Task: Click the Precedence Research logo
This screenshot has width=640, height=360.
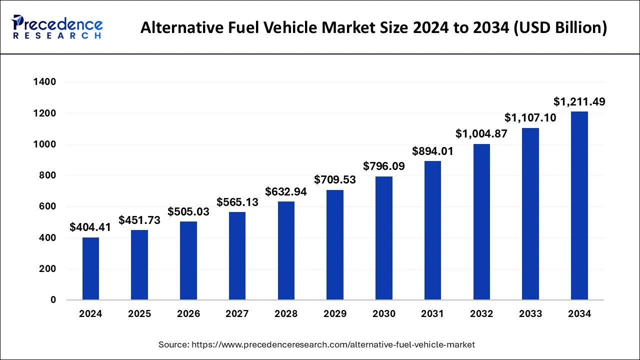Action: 57,27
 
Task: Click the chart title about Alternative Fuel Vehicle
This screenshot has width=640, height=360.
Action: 373,27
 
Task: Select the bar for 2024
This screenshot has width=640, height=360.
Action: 90,268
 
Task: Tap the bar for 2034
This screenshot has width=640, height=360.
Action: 579,205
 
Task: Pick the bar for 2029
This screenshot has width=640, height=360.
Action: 335,245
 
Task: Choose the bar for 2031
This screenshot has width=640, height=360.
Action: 432,230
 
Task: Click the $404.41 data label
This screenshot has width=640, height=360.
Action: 90,227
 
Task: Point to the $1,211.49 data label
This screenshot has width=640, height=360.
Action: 579,102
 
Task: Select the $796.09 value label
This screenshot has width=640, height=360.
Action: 384,166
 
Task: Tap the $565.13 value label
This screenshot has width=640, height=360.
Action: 237,202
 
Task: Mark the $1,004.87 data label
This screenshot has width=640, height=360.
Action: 481,134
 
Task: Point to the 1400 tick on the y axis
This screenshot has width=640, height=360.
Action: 44,82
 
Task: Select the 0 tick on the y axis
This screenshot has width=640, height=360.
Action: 52,300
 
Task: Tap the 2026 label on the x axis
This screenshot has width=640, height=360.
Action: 188,314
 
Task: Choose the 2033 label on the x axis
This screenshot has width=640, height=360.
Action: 530,314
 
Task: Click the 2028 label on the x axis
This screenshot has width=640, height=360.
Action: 286,314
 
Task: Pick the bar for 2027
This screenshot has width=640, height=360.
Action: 237,256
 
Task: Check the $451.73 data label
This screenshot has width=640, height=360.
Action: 139,220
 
